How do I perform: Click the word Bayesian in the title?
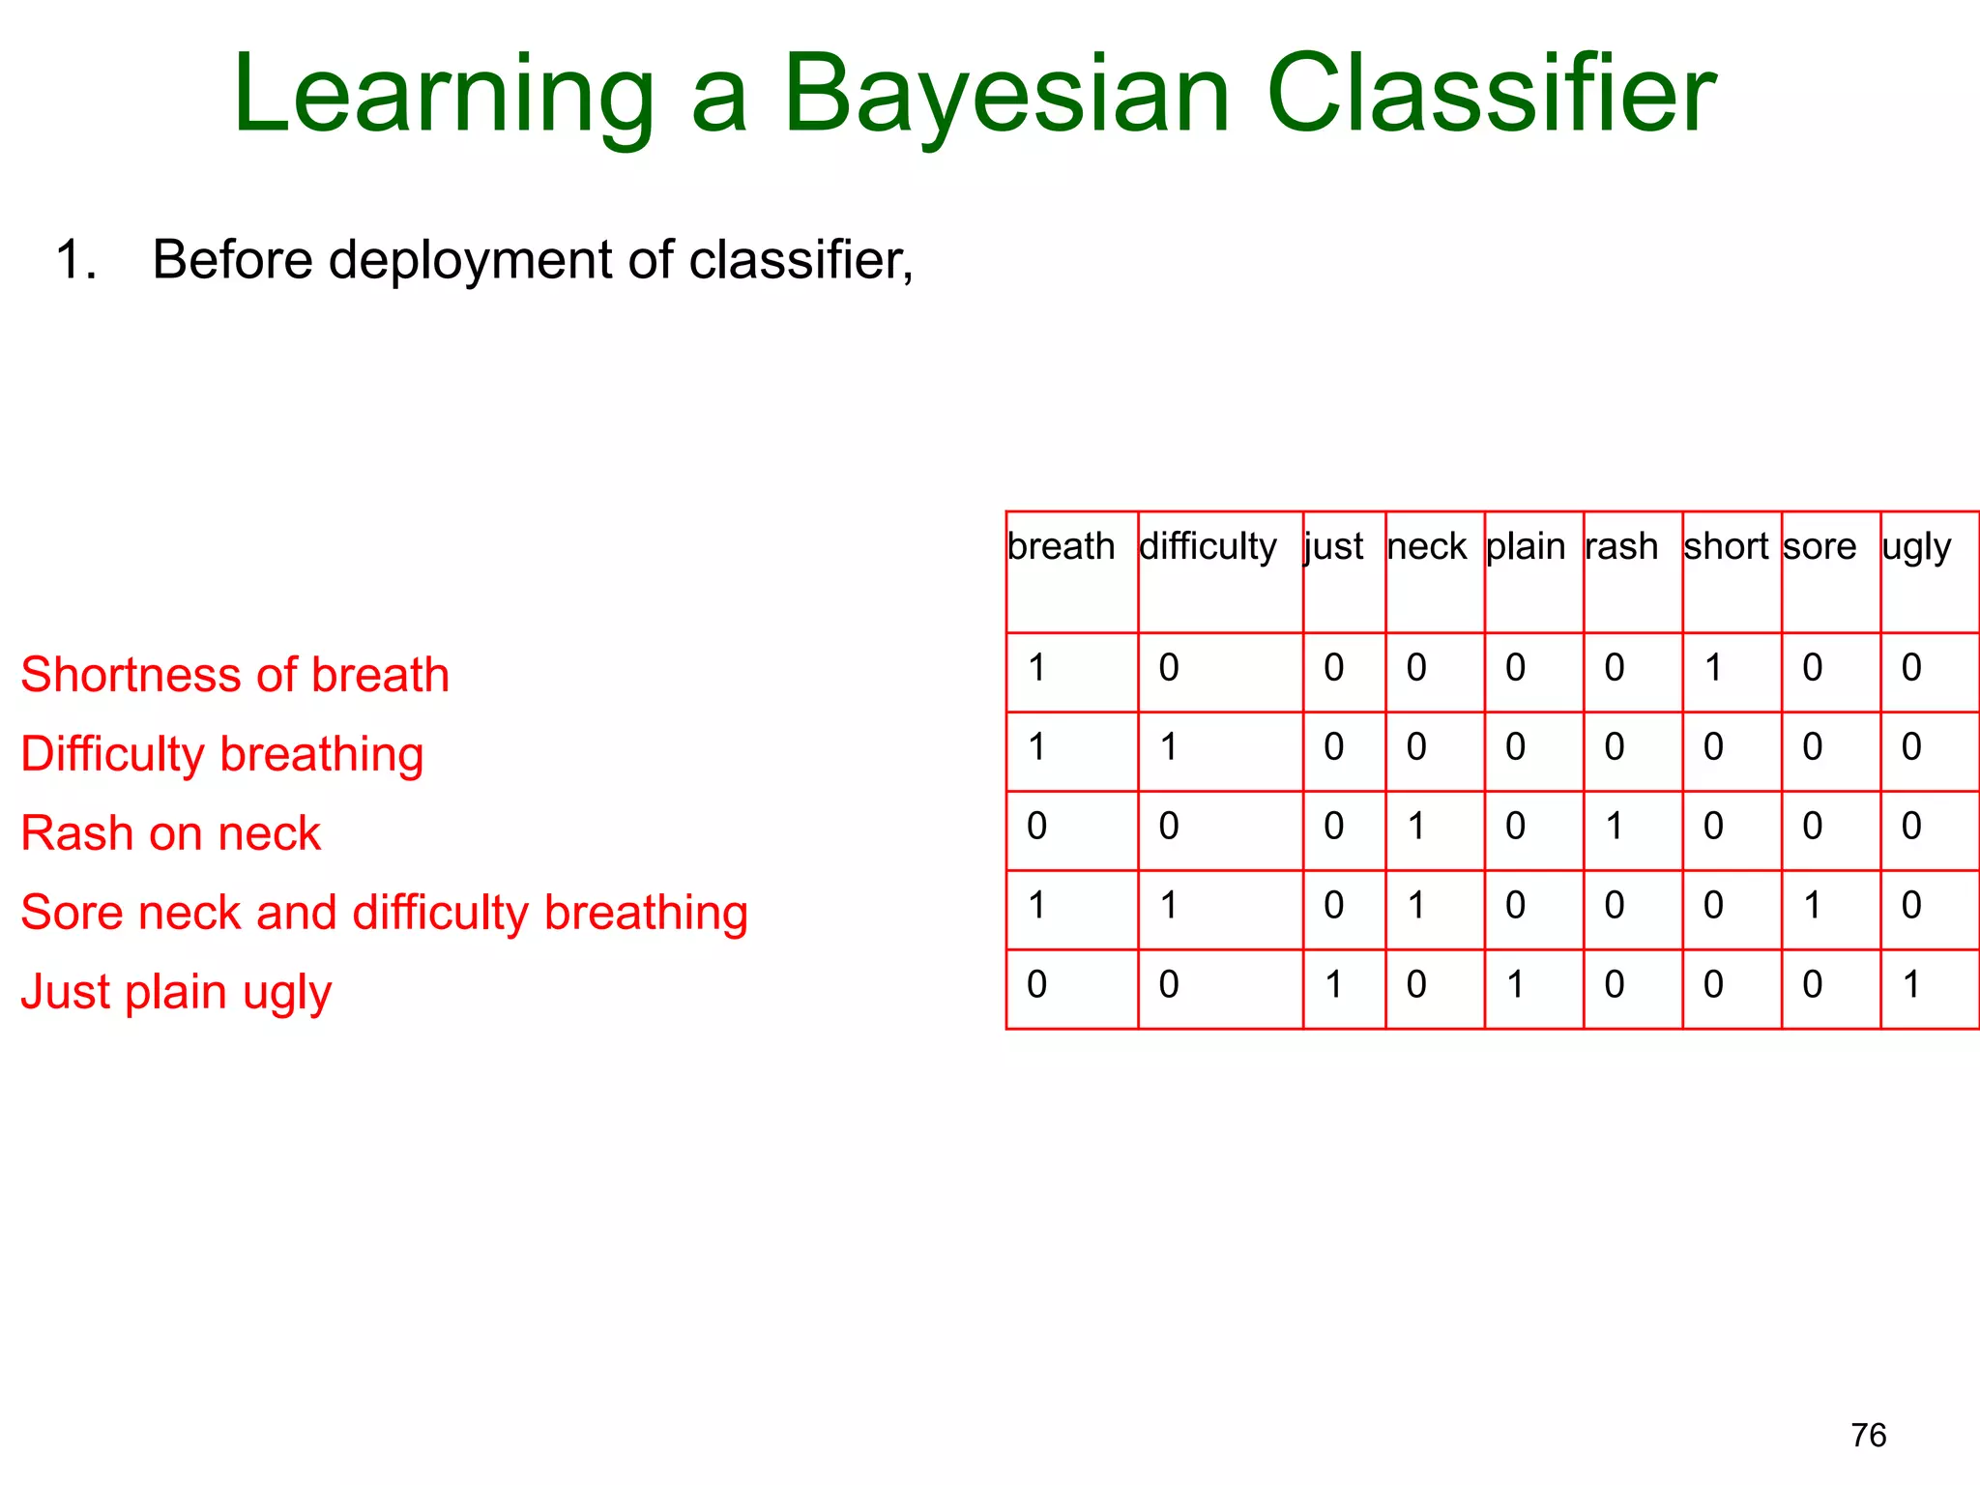tap(1005, 97)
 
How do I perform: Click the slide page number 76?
tap(1868, 1435)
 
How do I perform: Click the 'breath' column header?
tap(1061, 547)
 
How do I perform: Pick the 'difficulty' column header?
tap(1208, 547)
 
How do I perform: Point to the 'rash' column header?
tap(1621, 547)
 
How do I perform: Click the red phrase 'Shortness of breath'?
tap(235, 675)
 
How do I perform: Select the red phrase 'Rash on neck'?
tap(170, 833)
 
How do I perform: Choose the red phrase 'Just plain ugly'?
tap(176, 993)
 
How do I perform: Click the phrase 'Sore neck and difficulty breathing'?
tap(384, 914)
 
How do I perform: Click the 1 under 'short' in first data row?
tap(1713, 668)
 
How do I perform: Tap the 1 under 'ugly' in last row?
tap(1911, 985)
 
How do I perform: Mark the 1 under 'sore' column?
tap(1812, 906)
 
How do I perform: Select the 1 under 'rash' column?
tap(1615, 827)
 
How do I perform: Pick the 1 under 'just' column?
tap(1333, 985)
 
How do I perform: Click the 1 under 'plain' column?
tap(1515, 985)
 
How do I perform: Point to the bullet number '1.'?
tap(76, 261)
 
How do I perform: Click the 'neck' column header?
tap(1426, 547)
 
